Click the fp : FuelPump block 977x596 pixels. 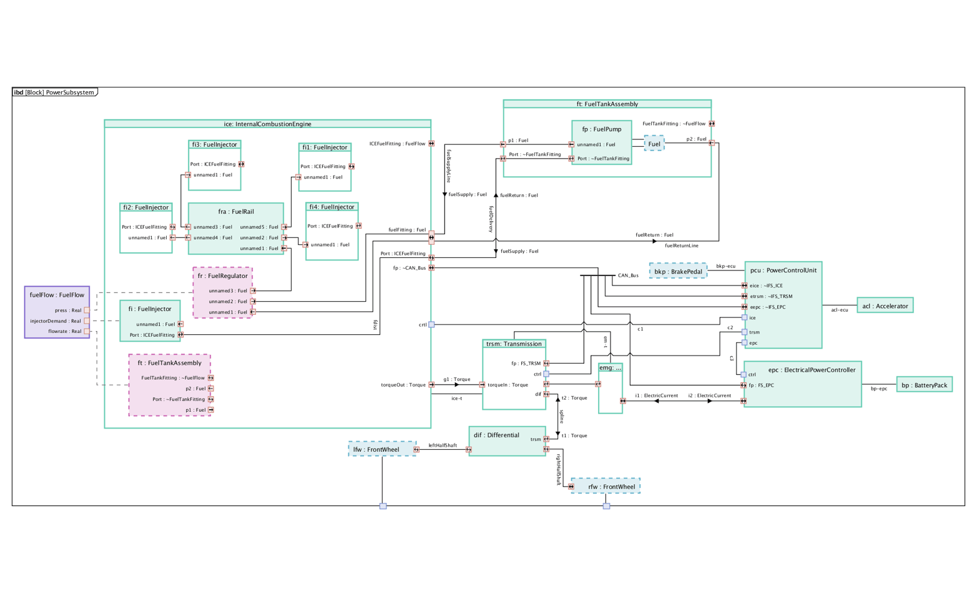(x=601, y=129)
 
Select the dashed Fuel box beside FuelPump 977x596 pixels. (x=654, y=144)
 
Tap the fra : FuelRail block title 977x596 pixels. (x=236, y=212)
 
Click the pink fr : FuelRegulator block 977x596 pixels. (x=223, y=276)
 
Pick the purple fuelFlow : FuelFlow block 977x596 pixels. (x=57, y=295)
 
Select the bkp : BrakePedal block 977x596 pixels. (x=678, y=272)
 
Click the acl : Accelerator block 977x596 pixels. (x=885, y=306)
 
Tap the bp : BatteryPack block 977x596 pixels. (x=924, y=385)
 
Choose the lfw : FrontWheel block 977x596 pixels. (x=382, y=449)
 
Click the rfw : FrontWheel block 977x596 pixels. (x=605, y=487)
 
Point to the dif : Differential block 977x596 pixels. (x=496, y=435)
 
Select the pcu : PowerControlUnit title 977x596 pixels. (x=783, y=271)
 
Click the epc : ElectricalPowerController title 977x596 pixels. (x=803, y=370)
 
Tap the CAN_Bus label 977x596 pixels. (x=628, y=276)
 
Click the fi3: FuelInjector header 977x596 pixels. (x=215, y=144)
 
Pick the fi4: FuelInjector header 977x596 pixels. (x=331, y=207)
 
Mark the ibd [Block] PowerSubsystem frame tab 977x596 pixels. (x=54, y=92)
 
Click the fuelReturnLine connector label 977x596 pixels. (x=681, y=246)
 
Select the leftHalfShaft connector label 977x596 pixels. (x=443, y=445)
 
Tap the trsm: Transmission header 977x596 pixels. (x=514, y=344)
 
